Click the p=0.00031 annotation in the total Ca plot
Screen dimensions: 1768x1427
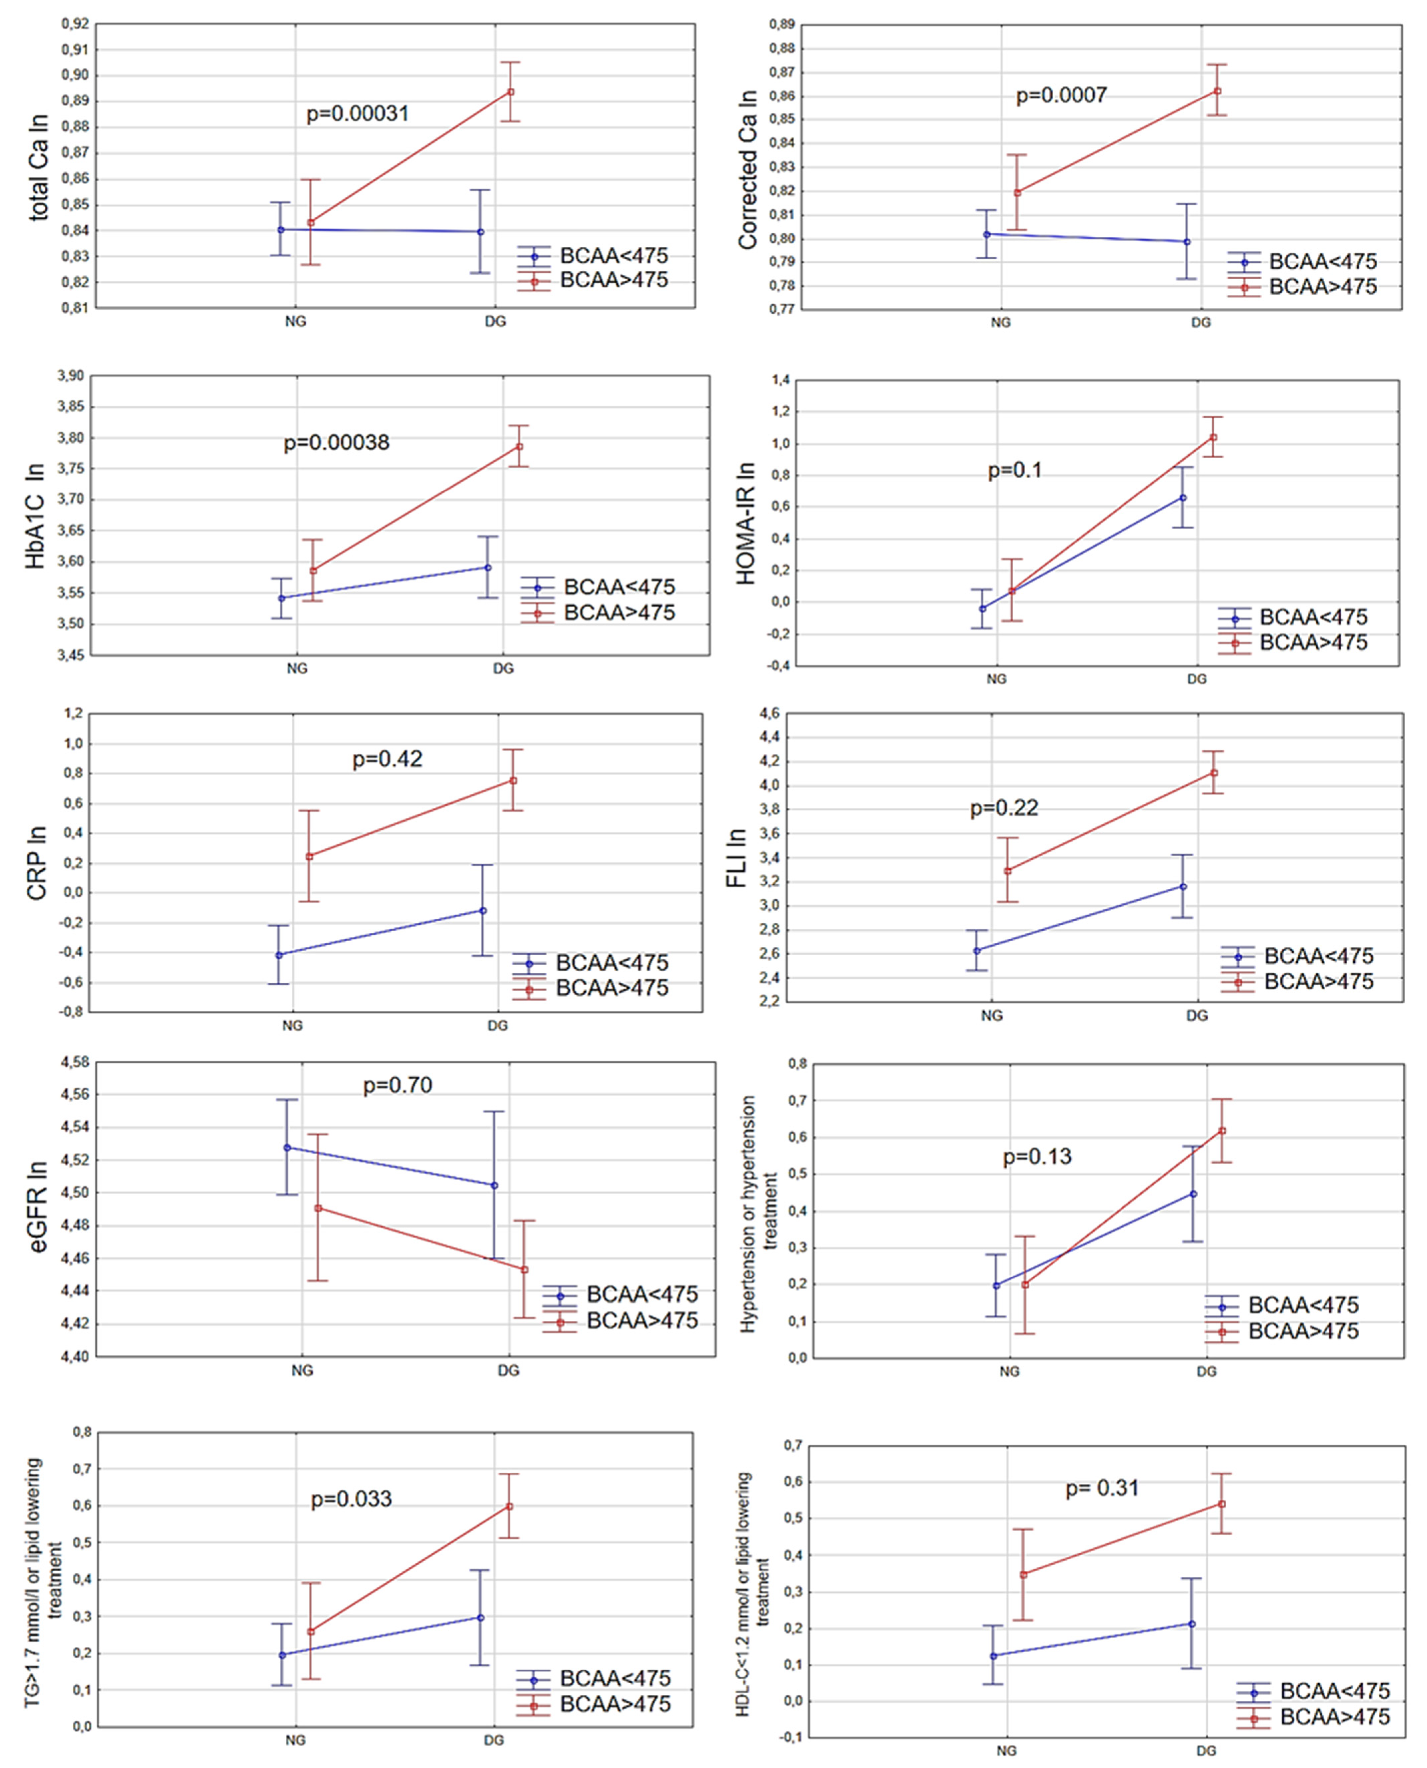[357, 113]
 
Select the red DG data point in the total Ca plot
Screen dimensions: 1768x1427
[510, 91]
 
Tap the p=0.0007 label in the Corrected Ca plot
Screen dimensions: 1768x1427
[1061, 96]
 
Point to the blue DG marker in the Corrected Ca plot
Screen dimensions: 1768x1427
[1186, 242]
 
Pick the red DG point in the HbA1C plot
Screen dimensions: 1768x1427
[519, 446]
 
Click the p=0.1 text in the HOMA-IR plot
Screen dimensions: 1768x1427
[1014, 470]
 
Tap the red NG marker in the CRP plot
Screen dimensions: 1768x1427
[309, 856]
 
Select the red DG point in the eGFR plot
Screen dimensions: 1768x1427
[524, 1269]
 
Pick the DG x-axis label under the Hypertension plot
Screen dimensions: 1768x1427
[1206, 1371]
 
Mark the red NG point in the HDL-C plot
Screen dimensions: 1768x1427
[1023, 1574]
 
